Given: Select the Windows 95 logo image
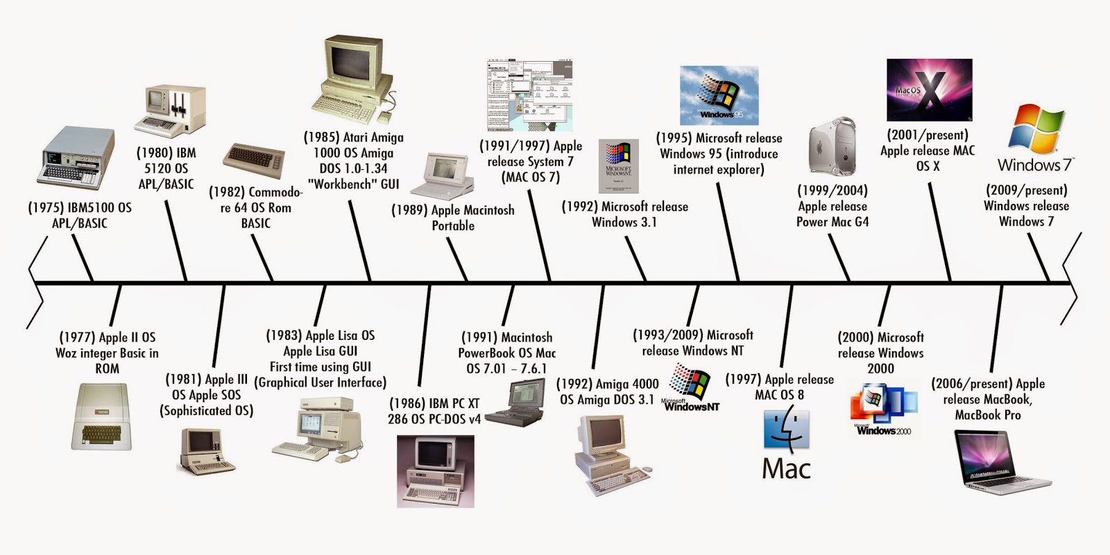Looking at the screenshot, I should tap(719, 96).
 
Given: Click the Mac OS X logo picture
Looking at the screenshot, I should tap(929, 90).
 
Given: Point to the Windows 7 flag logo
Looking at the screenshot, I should tap(1035, 130).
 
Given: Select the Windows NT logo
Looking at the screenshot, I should tap(691, 389).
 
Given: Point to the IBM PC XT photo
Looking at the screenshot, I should tap(435, 472).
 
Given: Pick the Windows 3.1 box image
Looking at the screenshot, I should tap(618, 166).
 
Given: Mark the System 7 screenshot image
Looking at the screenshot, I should tap(530, 96).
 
